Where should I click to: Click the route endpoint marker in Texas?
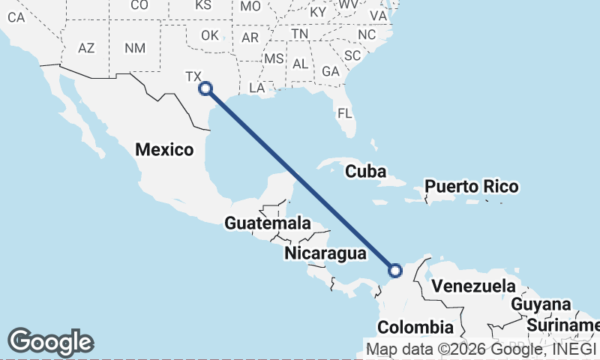pos(205,88)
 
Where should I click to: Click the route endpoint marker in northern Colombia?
pos(395,270)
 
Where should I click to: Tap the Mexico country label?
pos(164,150)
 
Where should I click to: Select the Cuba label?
pos(365,172)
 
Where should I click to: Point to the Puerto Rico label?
pos(470,186)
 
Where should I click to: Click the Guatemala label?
pos(268,223)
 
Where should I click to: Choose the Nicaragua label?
pos(325,253)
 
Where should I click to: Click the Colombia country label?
pos(415,328)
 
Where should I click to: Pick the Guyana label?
pos(541,304)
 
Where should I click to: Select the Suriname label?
pos(562,325)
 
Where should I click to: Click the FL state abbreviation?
pos(344,114)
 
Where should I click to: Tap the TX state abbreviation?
pos(193,76)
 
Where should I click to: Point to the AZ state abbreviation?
pos(86,48)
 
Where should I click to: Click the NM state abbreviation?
pos(135,48)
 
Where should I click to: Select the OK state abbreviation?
pos(210,35)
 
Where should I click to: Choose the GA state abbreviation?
pos(330,71)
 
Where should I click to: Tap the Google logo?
pos(50,342)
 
